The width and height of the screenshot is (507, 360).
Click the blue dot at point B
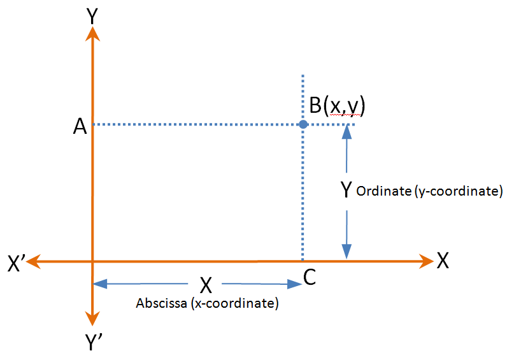tap(303, 124)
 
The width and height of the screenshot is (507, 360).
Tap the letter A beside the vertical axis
tap(80, 127)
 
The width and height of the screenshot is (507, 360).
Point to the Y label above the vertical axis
tap(94, 16)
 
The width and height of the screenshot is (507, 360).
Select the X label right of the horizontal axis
tap(443, 260)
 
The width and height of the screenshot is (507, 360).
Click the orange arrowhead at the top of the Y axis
tap(94, 34)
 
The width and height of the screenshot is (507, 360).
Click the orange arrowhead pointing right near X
tap(427, 260)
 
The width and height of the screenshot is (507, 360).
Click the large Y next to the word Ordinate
tap(346, 189)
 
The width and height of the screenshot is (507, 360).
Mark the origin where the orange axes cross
tap(94, 260)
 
